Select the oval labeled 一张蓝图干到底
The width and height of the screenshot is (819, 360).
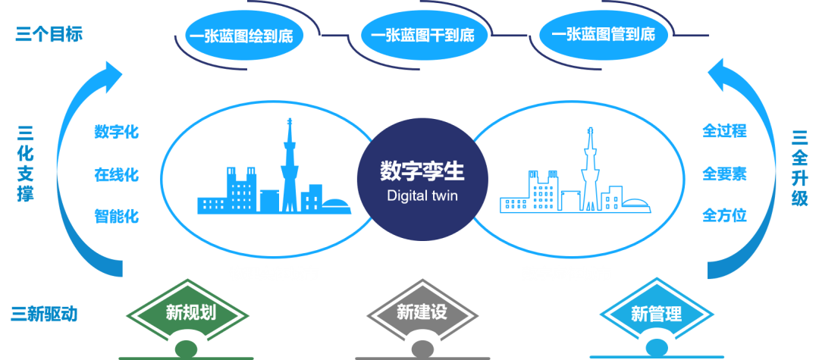pyautogui.click(x=424, y=36)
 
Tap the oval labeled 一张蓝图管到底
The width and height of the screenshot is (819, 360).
pyautogui.click(x=603, y=36)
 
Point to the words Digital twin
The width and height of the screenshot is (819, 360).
pyautogui.click(x=422, y=196)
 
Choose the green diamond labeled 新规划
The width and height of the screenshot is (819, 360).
pyautogui.click(x=188, y=312)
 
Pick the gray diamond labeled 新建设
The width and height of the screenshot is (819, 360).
pyautogui.click(x=422, y=312)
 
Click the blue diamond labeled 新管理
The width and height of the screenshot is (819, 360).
pyautogui.click(x=657, y=314)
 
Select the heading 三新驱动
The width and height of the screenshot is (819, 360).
pyautogui.click(x=44, y=315)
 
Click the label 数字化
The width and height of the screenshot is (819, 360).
pyautogui.click(x=117, y=132)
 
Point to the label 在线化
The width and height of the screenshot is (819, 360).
pyautogui.click(x=117, y=174)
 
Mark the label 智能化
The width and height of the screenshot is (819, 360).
pyautogui.click(x=117, y=215)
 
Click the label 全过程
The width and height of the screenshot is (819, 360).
pyautogui.click(x=724, y=131)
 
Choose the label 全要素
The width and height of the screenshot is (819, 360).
pyautogui.click(x=724, y=174)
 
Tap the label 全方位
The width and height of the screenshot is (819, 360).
pyautogui.click(x=724, y=214)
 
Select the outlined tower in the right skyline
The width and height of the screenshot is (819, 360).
pyautogui.click(x=591, y=172)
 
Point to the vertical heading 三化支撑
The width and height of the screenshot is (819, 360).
pyautogui.click(x=25, y=165)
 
